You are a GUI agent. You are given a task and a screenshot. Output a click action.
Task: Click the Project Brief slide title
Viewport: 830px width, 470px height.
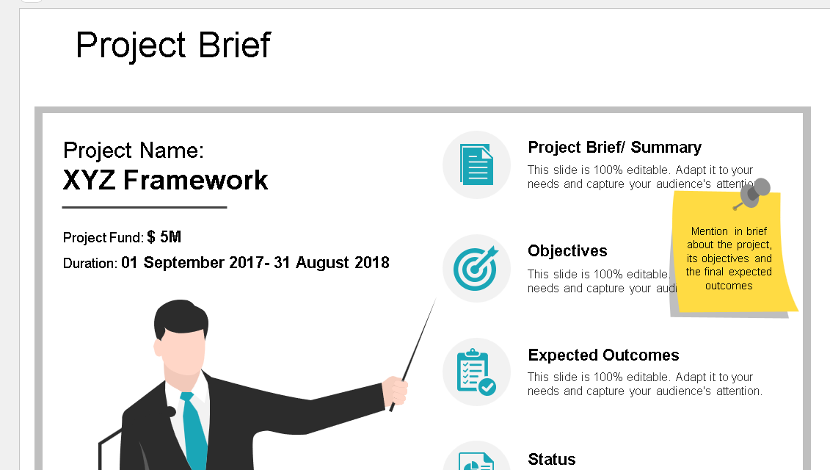coord(173,46)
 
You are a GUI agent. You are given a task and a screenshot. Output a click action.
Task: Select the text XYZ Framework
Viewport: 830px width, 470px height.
coord(166,180)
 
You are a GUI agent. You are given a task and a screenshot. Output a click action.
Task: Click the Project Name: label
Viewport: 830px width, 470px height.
coord(134,151)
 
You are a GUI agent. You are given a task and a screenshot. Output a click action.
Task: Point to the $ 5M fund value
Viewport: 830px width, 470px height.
coord(164,237)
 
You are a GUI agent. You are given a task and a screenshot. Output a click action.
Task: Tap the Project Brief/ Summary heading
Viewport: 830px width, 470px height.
coord(614,148)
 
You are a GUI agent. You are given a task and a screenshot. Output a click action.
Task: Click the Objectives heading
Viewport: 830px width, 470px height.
coord(567,251)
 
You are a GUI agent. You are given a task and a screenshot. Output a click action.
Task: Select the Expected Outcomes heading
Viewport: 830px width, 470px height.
coord(603,355)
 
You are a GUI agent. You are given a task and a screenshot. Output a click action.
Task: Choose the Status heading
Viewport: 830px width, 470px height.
coord(552,460)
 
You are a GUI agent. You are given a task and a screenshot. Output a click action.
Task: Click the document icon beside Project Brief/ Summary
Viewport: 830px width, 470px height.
coord(476,164)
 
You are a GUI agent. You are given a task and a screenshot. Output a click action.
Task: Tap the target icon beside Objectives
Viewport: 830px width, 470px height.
coord(476,269)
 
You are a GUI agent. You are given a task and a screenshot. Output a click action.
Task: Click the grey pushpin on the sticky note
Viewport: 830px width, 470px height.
coord(754,192)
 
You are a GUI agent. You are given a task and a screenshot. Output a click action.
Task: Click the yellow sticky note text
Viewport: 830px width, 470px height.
coord(729,258)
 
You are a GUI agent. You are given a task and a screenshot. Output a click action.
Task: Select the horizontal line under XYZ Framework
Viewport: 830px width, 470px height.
coord(145,208)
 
